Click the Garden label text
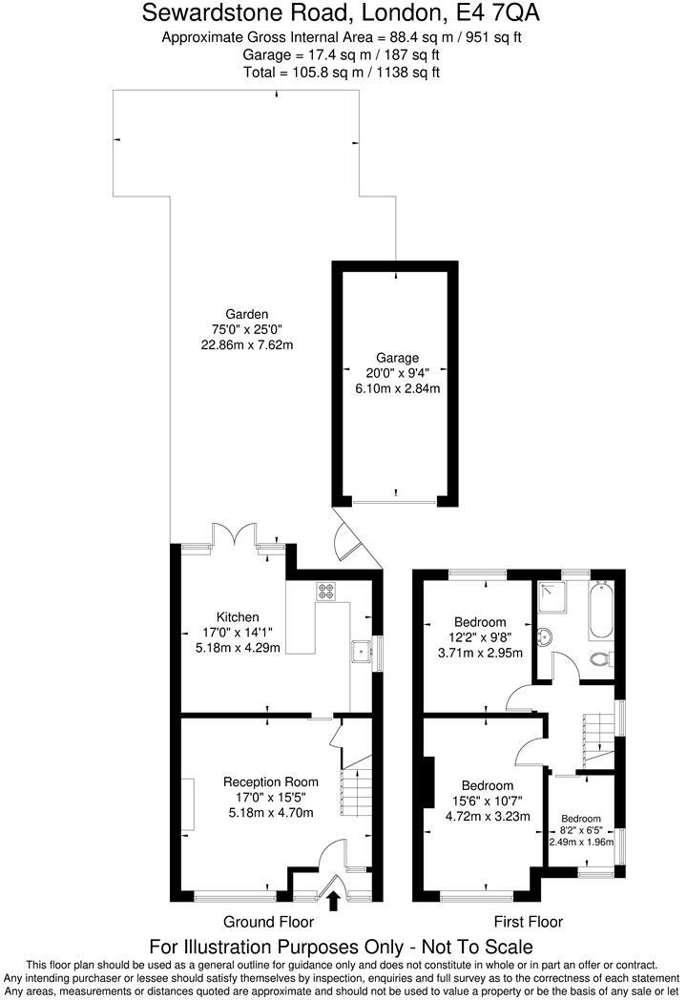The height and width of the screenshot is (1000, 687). (246, 313)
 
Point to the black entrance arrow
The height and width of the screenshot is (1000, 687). (333, 900)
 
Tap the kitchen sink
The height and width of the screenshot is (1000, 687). (362, 652)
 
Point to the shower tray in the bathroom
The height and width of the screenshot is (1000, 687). (552, 598)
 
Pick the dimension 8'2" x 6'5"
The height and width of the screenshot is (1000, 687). (581, 830)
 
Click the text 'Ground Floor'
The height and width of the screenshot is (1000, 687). (268, 922)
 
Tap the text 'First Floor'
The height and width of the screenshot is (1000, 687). (528, 922)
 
